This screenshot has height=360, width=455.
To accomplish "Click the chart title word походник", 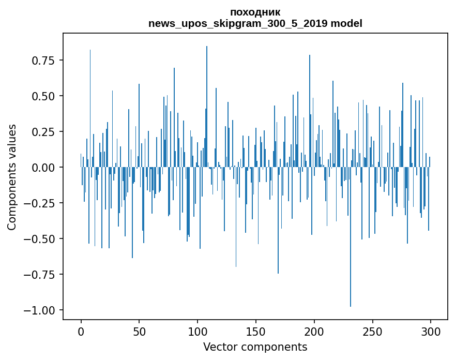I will pos(255,12).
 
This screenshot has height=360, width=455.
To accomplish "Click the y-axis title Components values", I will pos(12,177).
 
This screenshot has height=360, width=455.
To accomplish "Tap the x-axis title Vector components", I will pos(255,347).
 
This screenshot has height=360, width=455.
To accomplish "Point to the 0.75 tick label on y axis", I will pos(43,61).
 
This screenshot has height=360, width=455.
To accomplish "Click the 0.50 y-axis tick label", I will pos(43,96).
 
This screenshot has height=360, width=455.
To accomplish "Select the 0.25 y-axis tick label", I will pos(43,132).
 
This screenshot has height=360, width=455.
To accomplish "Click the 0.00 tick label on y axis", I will pos(43,168).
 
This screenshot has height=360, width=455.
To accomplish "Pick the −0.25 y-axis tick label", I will pos(40,203).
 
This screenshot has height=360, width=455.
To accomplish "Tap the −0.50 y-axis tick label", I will pos(40,239).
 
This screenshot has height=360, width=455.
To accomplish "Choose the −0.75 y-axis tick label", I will pos(40,275).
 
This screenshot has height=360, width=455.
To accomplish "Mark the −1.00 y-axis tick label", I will pos(40,310).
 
